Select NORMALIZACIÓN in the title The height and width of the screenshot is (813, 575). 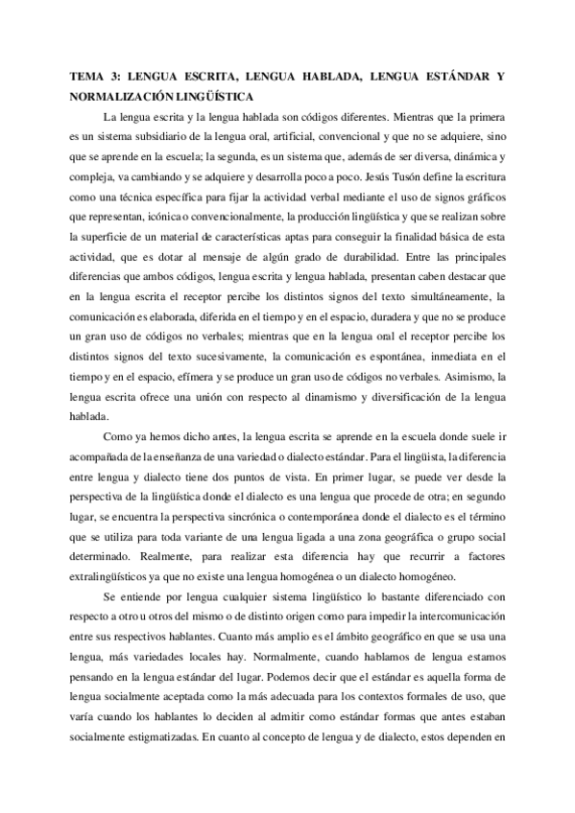click(120, 96)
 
